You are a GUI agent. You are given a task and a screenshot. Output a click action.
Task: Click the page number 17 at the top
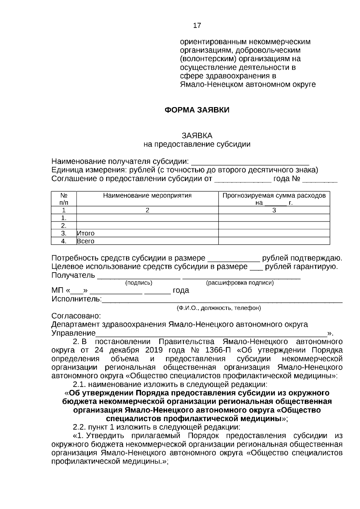(x=197, y=25)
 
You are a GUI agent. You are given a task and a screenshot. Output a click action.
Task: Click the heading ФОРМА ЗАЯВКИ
(x=197, y=110)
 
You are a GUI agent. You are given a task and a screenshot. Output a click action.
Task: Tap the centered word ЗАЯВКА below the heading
(x=197, y=136)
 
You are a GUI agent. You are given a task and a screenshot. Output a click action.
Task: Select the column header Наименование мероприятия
(x=147, y=196)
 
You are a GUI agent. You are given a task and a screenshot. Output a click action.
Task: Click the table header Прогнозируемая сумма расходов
(x=274, y=196)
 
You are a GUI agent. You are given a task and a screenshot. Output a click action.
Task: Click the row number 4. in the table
(x=64, y=241)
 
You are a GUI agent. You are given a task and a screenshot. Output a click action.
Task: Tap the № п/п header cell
(x=64, y=199)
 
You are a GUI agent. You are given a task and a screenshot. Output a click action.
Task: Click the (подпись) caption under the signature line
(x=139, y=283)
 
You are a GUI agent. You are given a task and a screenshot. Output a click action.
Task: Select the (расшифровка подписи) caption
(x=240, y=283)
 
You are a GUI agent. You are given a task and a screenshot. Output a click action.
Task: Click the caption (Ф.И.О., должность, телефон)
(x=219, y=308)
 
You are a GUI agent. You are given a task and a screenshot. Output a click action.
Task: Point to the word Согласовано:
(x=76, y=316)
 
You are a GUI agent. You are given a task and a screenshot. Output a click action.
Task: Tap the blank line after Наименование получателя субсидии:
(x=250, y=162)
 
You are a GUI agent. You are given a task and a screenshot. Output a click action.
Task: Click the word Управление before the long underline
(x=73, y=333)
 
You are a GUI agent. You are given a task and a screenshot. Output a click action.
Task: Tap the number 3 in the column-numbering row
(x=274, y=210)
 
